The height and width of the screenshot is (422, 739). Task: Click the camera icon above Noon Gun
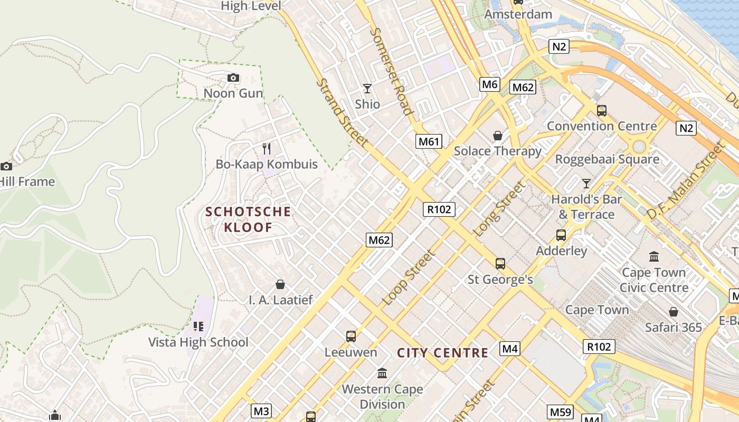(233, 78)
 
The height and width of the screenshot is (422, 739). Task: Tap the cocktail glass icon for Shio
(367, 88)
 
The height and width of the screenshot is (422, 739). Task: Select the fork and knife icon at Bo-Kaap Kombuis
(267, 149)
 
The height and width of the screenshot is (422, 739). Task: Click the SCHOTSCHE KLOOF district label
(248, 219)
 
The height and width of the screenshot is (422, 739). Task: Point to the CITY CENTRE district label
(443, 353)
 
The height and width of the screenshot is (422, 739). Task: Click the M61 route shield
(429, 141)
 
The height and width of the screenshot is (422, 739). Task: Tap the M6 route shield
(490, 84)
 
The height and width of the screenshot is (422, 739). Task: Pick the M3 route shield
(261, 411)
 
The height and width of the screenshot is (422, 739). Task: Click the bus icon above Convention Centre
(601, 111)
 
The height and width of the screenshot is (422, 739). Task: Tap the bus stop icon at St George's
(500, 263)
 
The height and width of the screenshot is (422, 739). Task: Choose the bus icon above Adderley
(561, 235)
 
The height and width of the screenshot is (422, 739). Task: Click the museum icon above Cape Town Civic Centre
(654, 257)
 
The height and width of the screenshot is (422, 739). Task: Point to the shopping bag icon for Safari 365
(673, 312)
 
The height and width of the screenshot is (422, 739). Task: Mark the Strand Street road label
(342, 112)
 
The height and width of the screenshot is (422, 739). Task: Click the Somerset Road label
(391, 71)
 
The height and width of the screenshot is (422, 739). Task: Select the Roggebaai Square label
(607, 159)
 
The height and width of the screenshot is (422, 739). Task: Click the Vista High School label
(198, 342)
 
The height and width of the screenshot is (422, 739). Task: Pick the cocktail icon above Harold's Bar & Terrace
(586, 184)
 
